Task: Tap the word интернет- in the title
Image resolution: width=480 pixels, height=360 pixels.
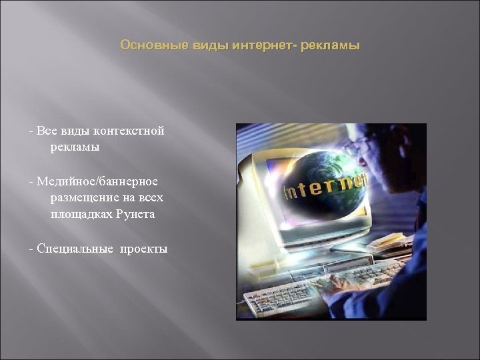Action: point(265,46)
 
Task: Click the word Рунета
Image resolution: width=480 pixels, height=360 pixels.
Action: point(139,215)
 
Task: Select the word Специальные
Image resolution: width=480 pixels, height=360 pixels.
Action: point(76,249)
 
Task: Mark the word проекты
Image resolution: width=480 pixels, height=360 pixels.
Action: point(144,249)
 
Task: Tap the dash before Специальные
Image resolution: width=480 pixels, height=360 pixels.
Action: point(31,249)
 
